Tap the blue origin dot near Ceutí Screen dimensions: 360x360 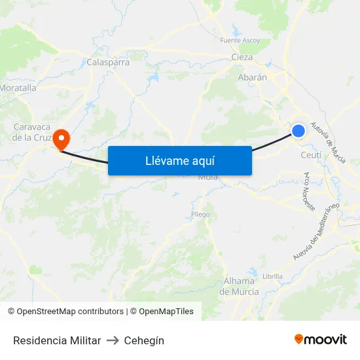[x=298, y=131]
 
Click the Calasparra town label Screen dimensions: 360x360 [x=108, y=63]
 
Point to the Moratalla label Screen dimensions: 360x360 [x=18, y=87]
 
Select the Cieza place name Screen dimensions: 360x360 [x=242, y=57]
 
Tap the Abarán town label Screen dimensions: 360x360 [x=252, y=77]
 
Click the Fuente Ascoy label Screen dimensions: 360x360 [x=240, y=41]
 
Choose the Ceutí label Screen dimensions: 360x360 [x=311, y=155]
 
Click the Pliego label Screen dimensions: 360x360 [x=200, y=214]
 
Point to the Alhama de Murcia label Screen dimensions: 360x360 [x=240, y=286]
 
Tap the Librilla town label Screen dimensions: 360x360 [x=272, y=276]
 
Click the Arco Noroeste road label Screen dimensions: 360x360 [x=309, y=191]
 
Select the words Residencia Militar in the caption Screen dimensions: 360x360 [x=57, y=340]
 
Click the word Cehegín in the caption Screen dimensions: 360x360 [x=144, y=340]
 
